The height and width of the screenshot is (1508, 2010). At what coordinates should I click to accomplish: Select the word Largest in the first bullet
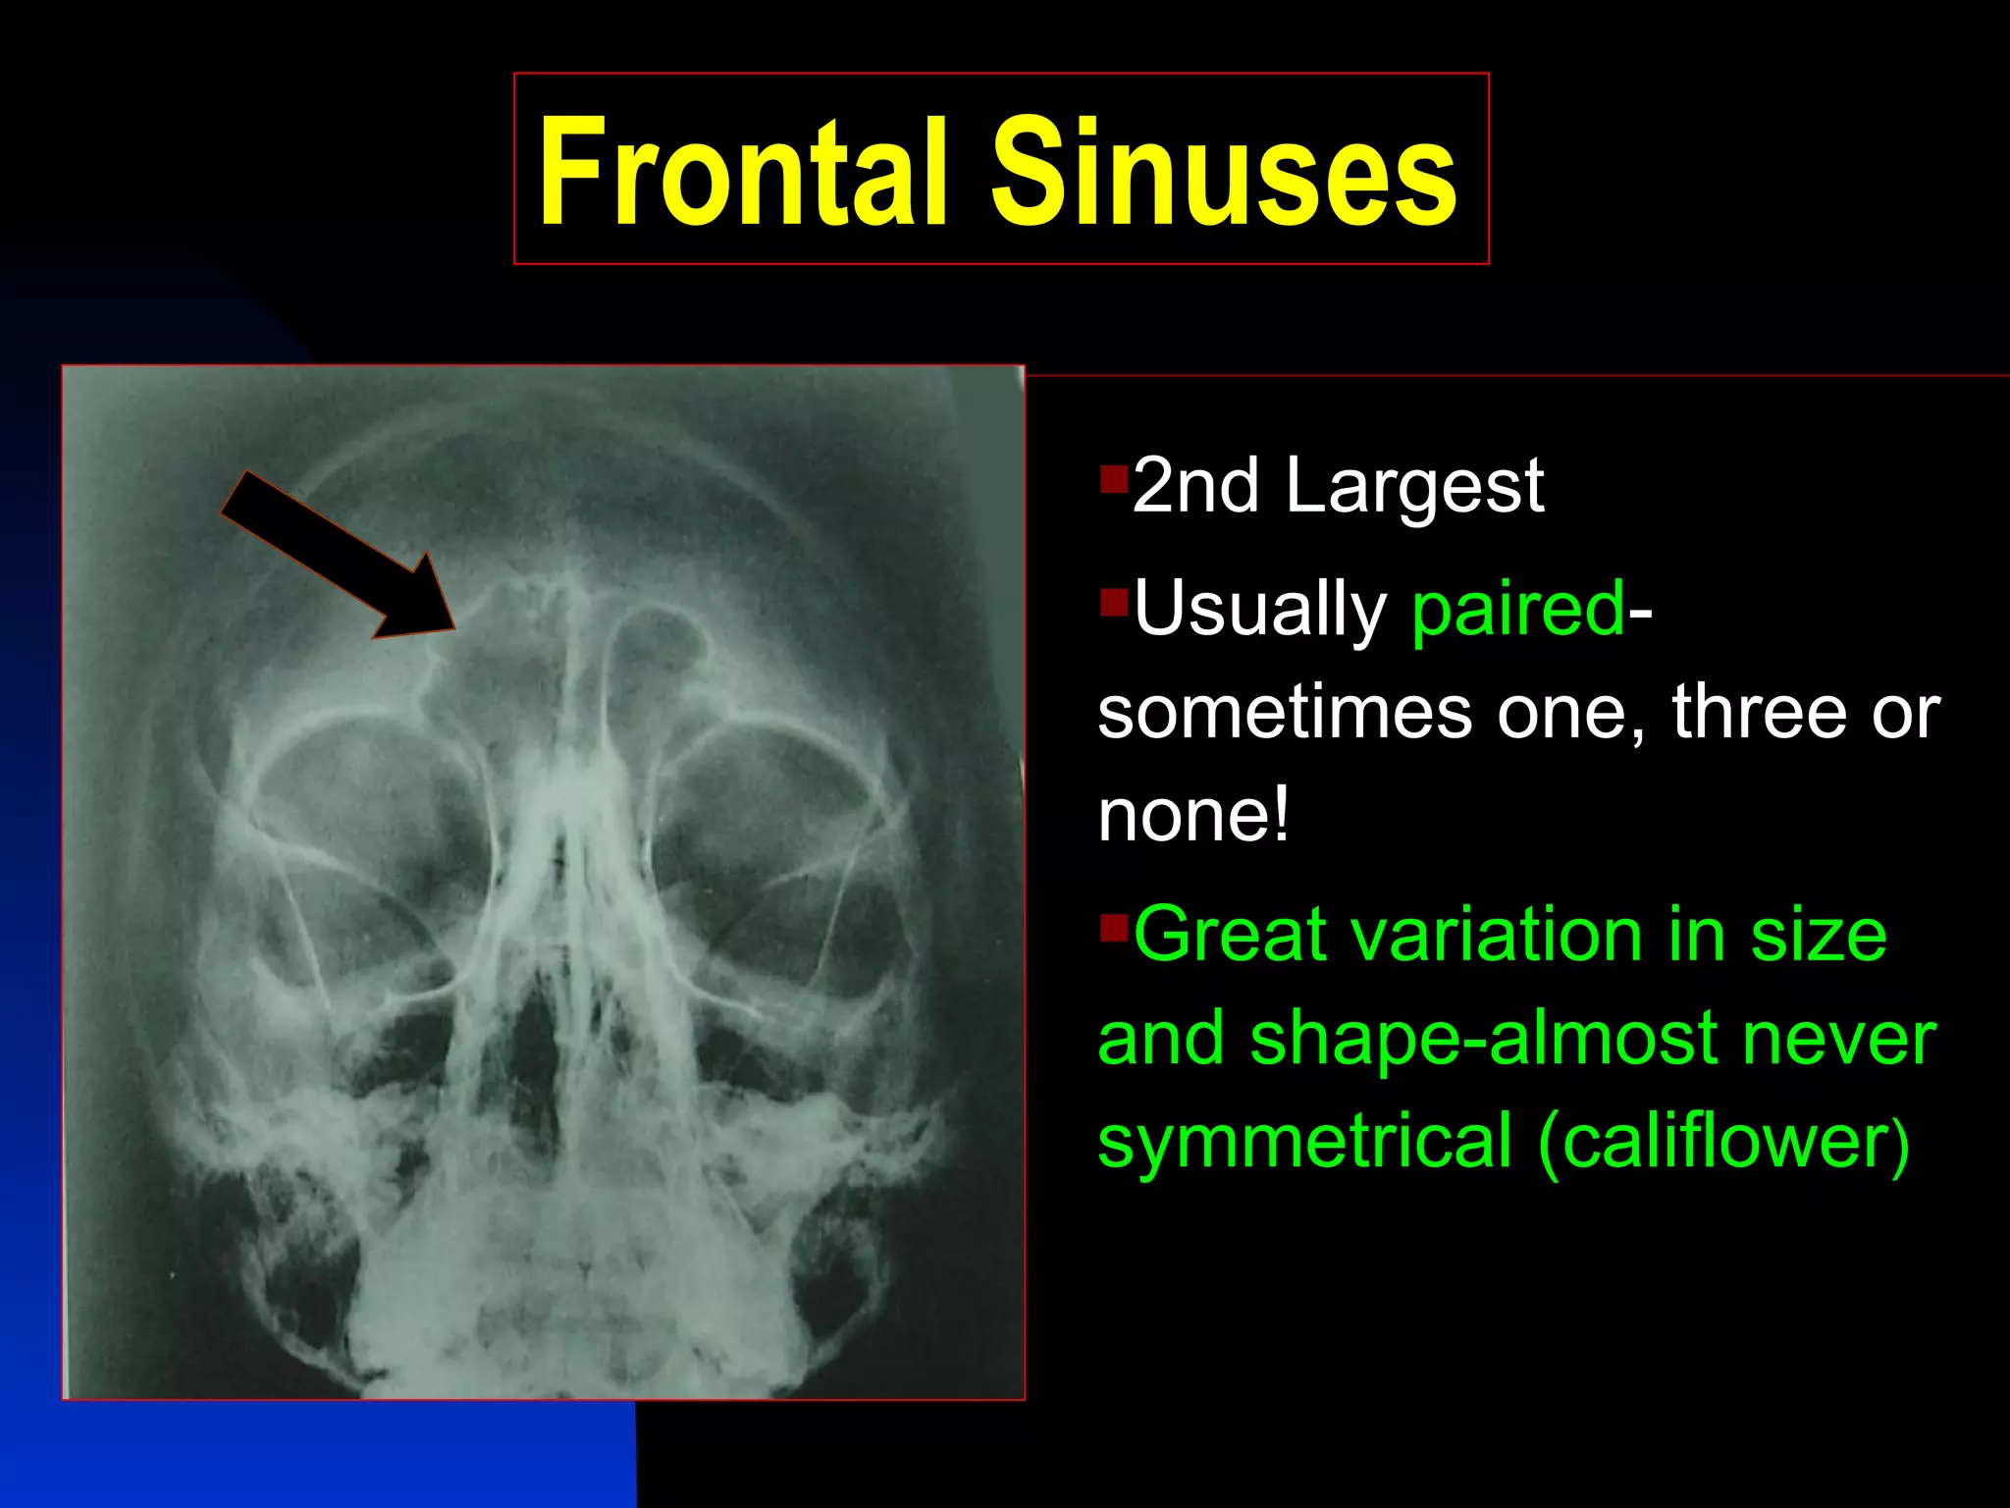1414,486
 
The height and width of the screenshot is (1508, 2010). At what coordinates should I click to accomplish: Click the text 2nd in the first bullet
1195,486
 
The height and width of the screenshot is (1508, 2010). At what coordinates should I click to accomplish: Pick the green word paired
1518,610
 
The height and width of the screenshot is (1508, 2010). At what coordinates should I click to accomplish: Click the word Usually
1259,610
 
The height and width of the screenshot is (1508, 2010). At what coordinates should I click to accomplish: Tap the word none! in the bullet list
1193,816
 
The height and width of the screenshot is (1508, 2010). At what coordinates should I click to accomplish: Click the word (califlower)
1723,1141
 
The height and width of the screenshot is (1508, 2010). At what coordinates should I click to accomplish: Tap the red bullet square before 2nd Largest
1114,479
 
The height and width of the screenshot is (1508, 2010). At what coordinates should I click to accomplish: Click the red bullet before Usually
1114,602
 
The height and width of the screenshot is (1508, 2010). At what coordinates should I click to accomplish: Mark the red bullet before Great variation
1114,927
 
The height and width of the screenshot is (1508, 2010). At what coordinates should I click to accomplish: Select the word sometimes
1285,712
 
